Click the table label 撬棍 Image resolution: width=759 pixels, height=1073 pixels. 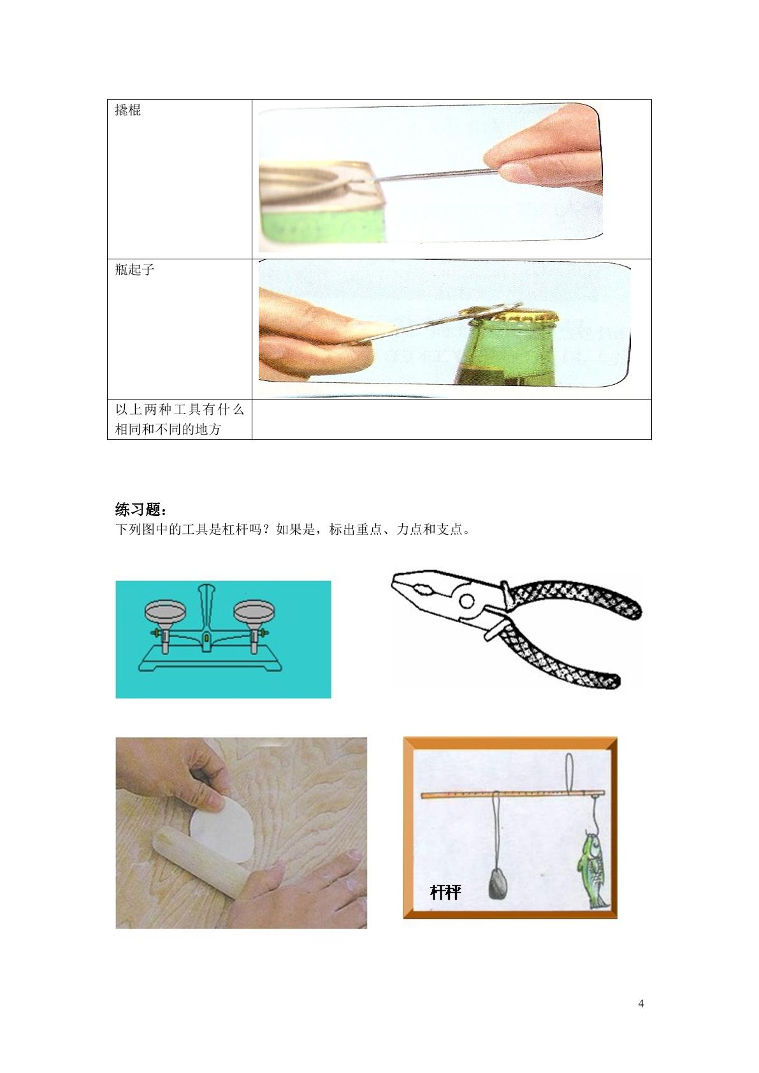pyautogui.click(x=127, y=110)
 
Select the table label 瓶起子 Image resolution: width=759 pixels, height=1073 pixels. pyautogui.click(x=134, y=270)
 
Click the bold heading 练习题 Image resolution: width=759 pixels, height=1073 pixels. pyautogui.click(x=141, y=508)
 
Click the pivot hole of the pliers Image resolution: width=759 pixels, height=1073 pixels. pyautogui.click(x=466, y=601)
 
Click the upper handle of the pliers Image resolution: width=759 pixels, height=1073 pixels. pyautogui.click(x=574, y=598)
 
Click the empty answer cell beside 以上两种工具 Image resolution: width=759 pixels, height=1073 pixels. pyautogui.click(x=451, y=419)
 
